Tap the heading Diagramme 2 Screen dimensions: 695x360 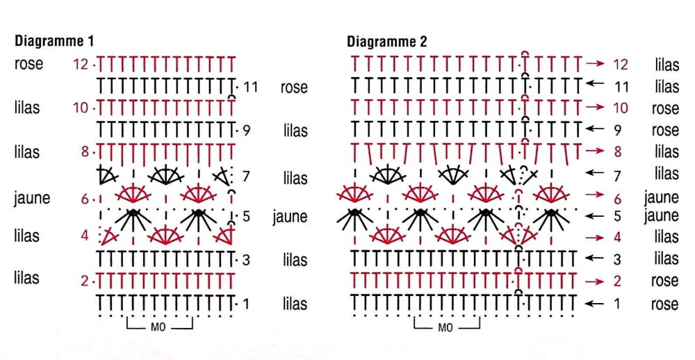pos(387,42)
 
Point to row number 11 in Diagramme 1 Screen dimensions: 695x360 pos(251,87)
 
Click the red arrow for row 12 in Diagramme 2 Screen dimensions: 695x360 pos(595,64)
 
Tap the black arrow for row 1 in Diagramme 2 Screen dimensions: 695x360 pos(595,304)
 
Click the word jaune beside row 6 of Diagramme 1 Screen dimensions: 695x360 pos(32,198)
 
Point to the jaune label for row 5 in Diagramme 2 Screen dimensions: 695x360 pos(662,216)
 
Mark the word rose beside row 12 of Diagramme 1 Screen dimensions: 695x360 pos(29,64)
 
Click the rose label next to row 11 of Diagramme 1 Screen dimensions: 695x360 pos(294,87)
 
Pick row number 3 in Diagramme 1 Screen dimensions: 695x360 pos(246,260)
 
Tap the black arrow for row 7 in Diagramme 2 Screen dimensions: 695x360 pos(595,173)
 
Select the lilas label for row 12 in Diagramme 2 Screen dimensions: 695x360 pos(667,65)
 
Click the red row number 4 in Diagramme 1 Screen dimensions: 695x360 pos(85,236)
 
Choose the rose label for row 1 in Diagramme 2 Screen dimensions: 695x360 pos(665,304)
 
